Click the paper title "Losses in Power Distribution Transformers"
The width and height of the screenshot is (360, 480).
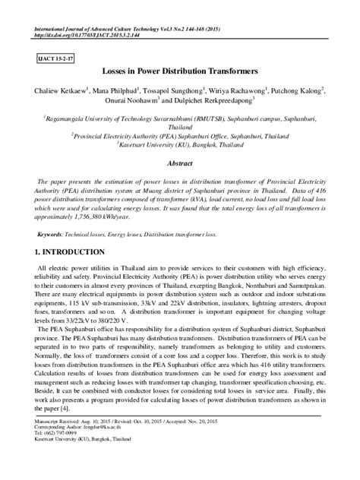click(179, 72)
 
